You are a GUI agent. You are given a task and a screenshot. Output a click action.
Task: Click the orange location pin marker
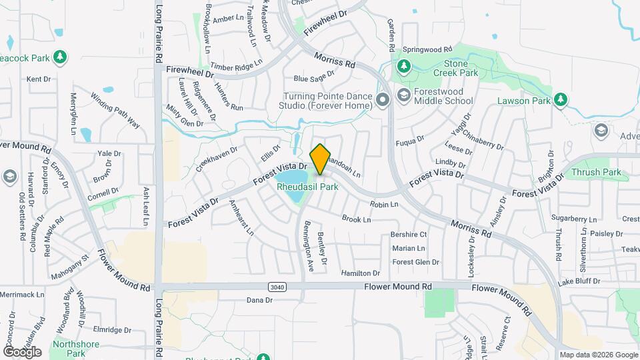[321, 159]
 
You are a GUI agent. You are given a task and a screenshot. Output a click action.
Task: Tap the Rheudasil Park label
[307, 187]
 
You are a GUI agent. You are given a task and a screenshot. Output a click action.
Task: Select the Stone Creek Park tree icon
[403, 66]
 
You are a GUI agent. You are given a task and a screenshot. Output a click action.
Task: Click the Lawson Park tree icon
[561, 100]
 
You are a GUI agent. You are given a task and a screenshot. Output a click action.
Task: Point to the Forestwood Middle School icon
[403, 96]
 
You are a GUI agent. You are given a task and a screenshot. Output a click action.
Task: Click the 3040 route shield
[278, 287]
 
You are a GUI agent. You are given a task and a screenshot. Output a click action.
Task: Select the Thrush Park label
[595, 173]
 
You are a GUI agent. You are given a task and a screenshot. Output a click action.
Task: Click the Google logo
[21, 351]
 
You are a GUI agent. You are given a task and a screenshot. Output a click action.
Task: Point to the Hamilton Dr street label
[360, 273]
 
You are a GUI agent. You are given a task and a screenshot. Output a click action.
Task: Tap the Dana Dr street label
[260, 300]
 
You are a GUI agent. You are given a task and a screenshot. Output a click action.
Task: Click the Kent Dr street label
[39, 79]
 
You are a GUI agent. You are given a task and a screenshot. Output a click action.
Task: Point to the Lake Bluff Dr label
[579, 282]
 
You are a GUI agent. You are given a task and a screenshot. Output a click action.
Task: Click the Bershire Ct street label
[409, 235]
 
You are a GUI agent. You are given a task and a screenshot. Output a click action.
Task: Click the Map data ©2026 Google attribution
[598, 355]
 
